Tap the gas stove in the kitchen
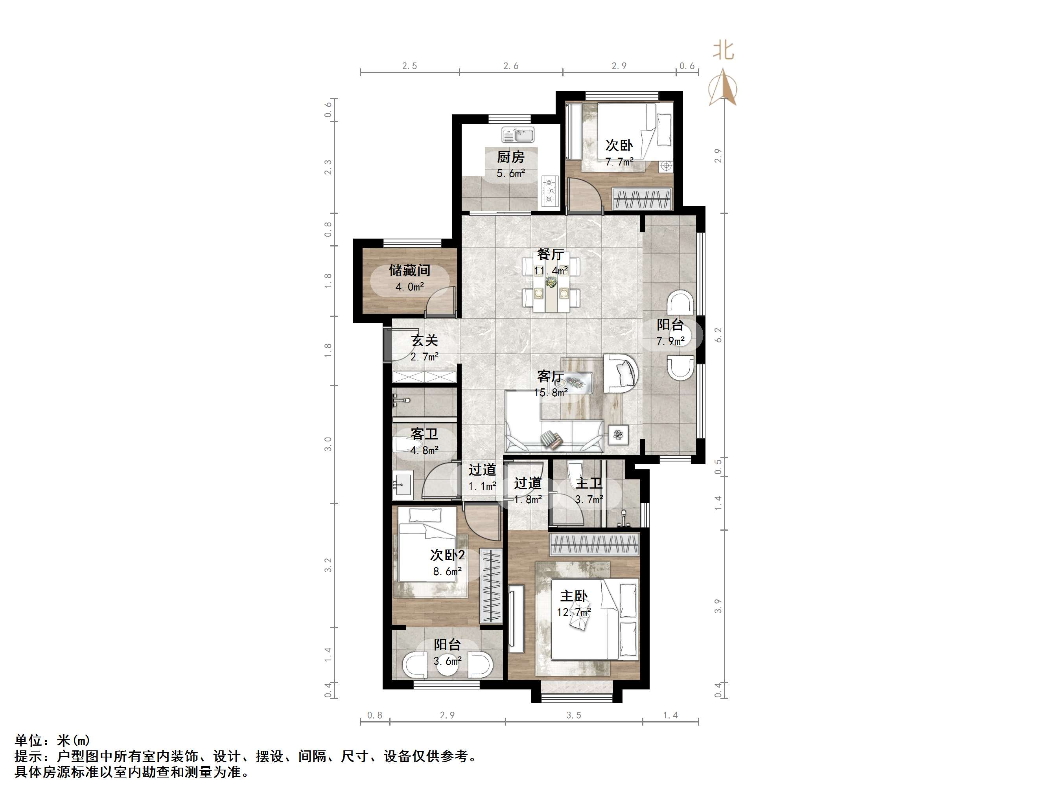click(x=550, y=191)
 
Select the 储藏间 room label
click(x=409, y=270)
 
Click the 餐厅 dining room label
click(x=550, y=254)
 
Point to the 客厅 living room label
click(x=550, y=377)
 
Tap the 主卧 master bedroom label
click(x=574, y=596)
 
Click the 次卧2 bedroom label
click(x=447, y=555)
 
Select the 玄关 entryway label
click(x=425, y=341)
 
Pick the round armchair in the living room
click(x=621, y=373)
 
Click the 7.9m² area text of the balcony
click(x=670, y=341)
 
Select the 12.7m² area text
click(x=574, y=612)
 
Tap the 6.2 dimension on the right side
click(x=718, y=335)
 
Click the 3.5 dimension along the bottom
click(x=574, y=715)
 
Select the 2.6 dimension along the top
click(x=511, y=66)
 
